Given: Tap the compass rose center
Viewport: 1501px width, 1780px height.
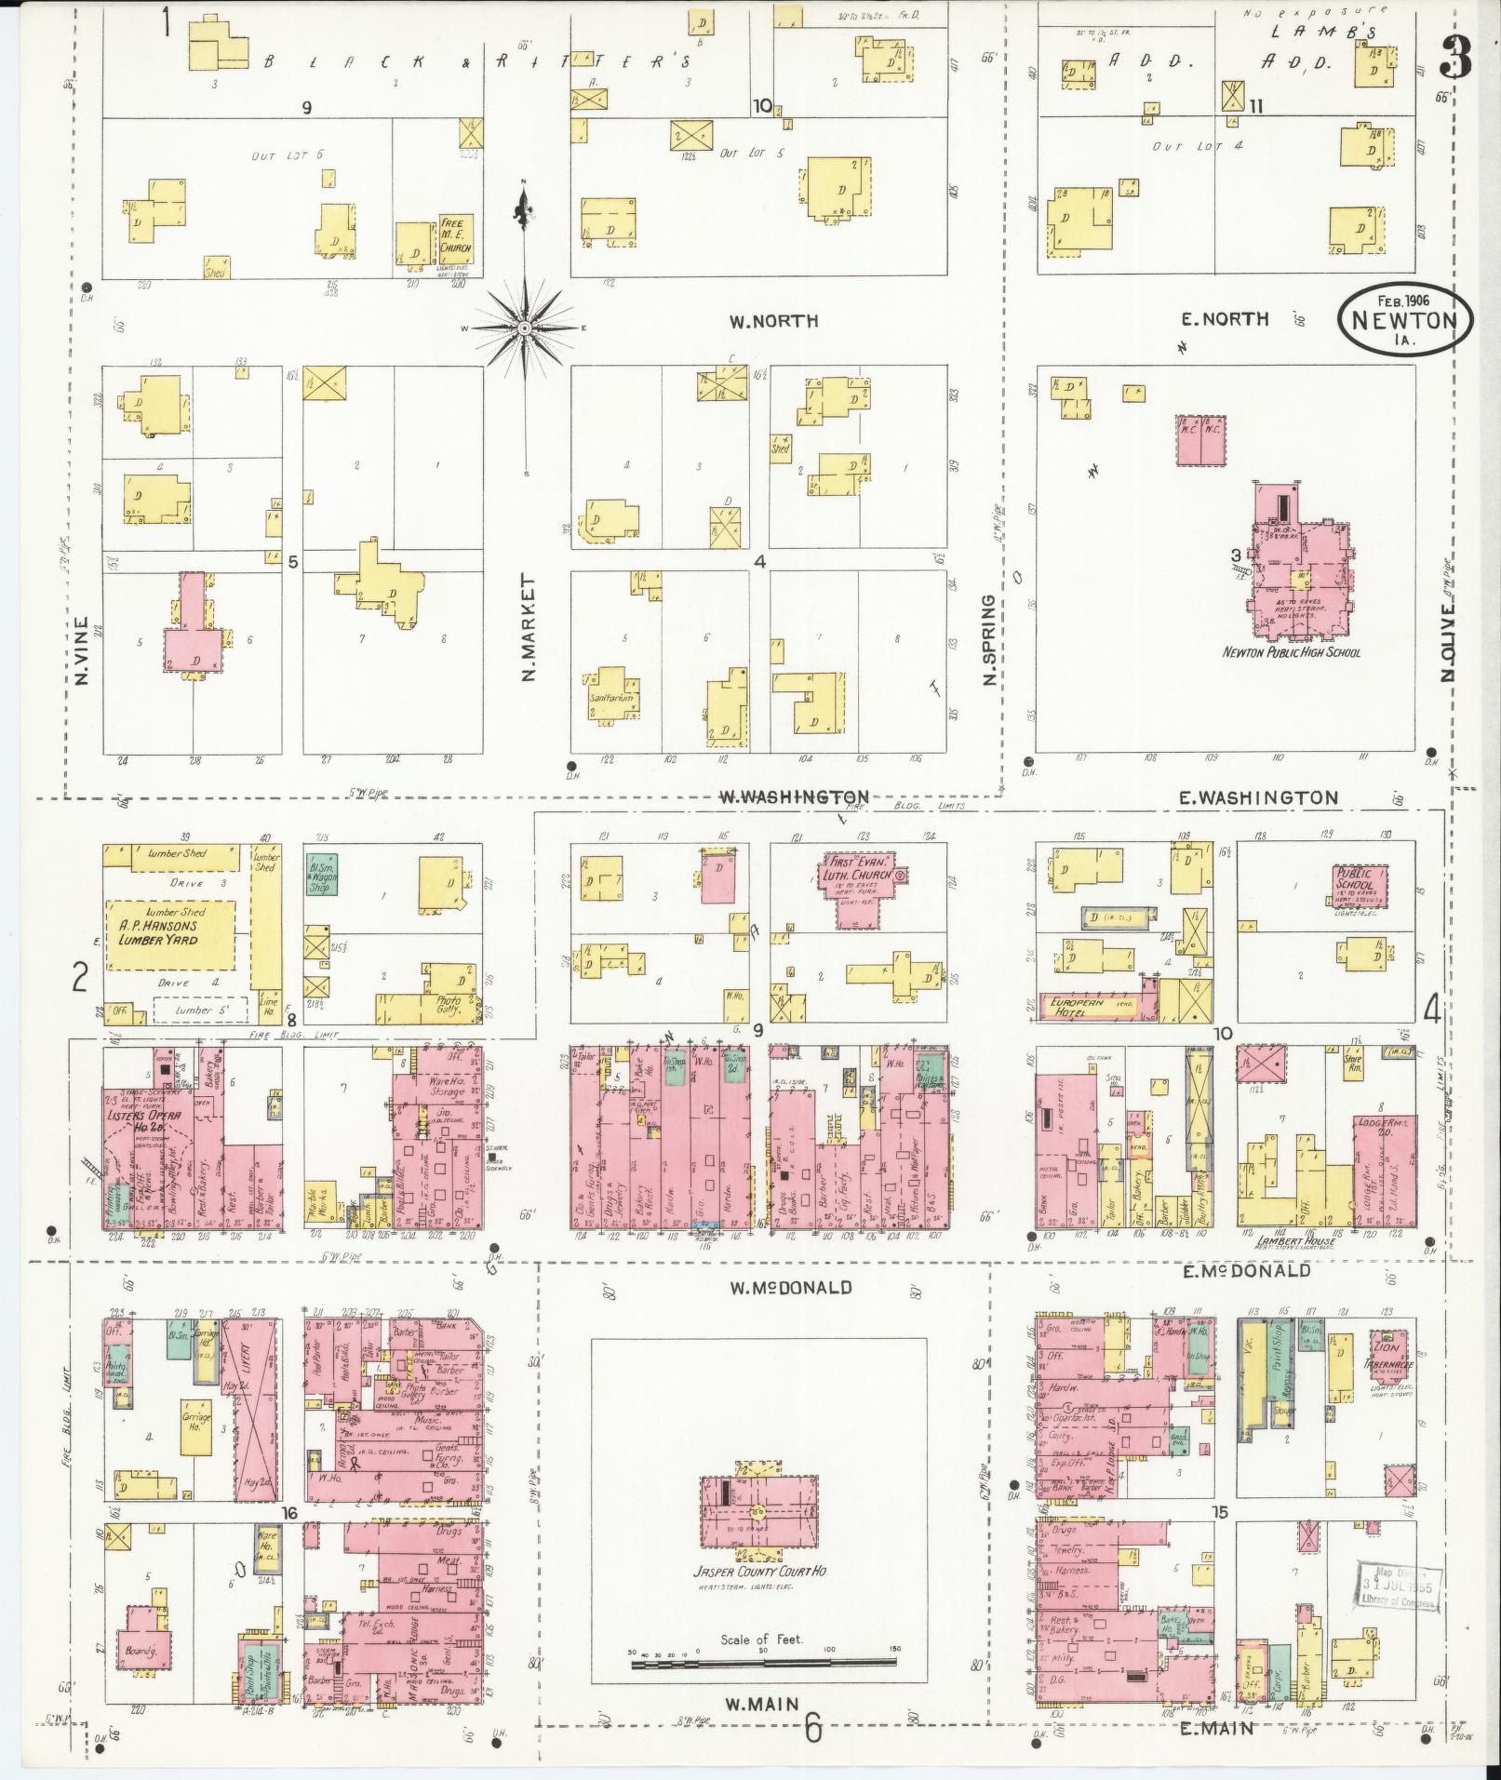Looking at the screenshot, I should tap(524, 328).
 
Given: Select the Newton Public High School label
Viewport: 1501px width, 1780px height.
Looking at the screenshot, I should tap(1291, 652).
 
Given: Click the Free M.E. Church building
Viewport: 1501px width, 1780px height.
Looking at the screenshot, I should tap(456, 239).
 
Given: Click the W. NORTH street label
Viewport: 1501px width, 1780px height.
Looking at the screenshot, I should tap(760, 321).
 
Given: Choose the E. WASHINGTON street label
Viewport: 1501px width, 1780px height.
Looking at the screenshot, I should tap(1259, 797).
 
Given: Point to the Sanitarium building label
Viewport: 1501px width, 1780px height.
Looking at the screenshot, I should tap(610, 697).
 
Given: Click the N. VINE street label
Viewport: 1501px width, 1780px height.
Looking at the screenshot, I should tap(80, 651).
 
